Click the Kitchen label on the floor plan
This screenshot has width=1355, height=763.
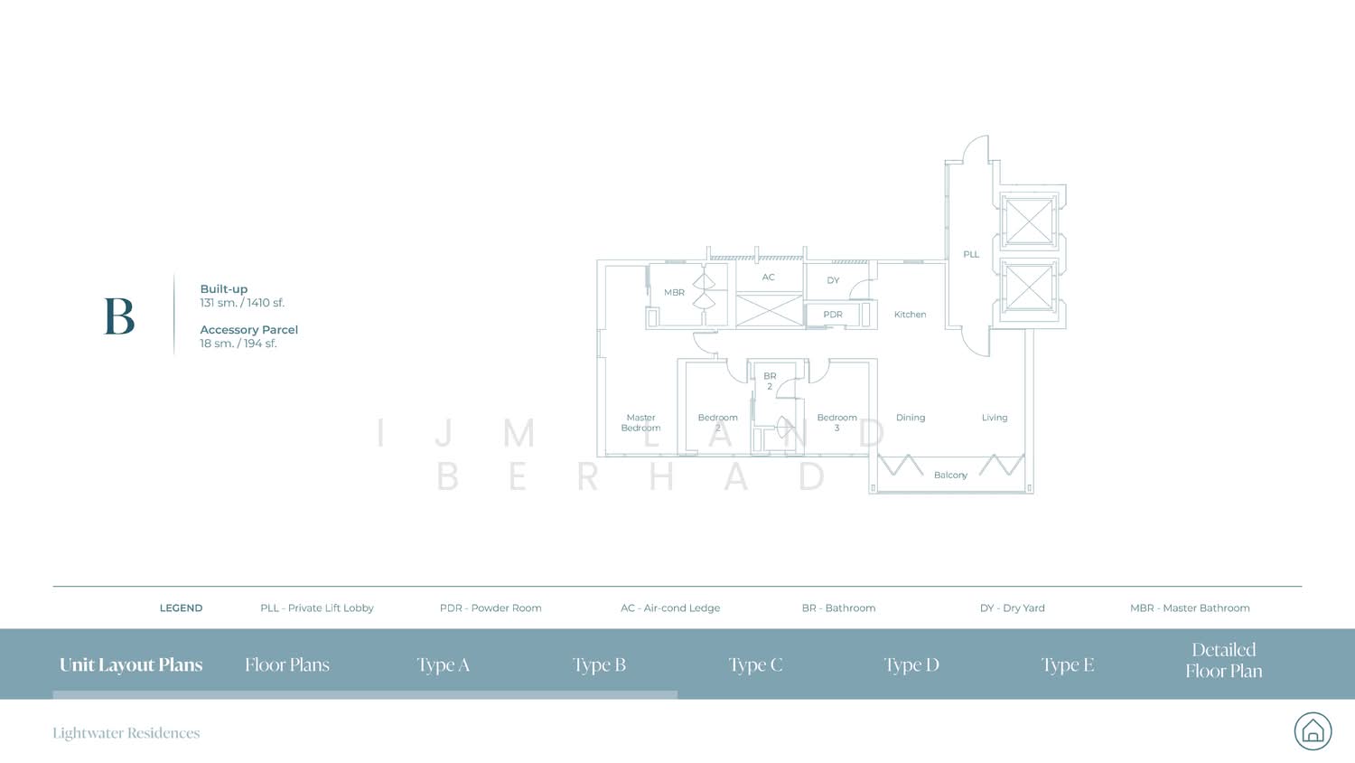click(910, 315)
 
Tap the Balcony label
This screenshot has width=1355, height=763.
click(950, 475)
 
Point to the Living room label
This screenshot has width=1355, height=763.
click(995, 418)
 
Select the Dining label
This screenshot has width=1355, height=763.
click(911, 418)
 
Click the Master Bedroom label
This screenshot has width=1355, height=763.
click(640, 422)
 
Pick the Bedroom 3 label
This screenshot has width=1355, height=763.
click(836, 422)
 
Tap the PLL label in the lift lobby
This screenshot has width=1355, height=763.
click(971, 254)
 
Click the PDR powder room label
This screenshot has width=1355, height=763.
click(833, 315)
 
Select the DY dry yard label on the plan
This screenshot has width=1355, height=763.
click(833, 280)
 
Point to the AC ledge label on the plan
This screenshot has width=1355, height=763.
click(768, 278)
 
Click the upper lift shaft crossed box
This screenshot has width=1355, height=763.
click(1028, 221)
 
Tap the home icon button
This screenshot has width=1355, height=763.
click(1313, 730)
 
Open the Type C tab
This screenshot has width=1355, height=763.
click(755, 664)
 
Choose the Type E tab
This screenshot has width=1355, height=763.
click(1068, 664)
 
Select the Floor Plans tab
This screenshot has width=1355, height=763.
click(287, 664)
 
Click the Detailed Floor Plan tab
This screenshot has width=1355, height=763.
click(1224, 660)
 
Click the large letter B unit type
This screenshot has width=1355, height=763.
click(119, 316)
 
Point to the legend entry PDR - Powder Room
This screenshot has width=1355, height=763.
click(491, 608)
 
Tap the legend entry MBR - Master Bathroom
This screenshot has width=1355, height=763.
click(1190, 608)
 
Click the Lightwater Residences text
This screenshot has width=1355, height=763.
click(126, 733)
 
